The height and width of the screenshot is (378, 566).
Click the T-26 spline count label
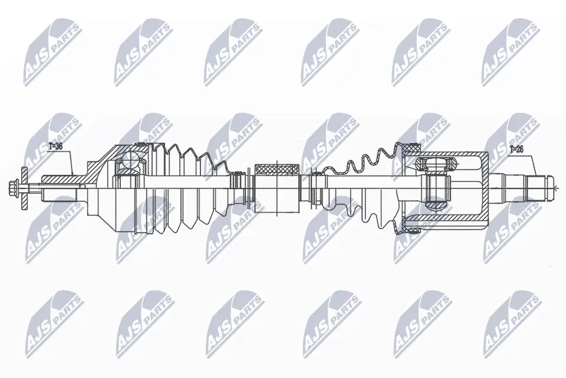[516, 149]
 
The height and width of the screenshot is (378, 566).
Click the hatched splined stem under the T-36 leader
[59, 180]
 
